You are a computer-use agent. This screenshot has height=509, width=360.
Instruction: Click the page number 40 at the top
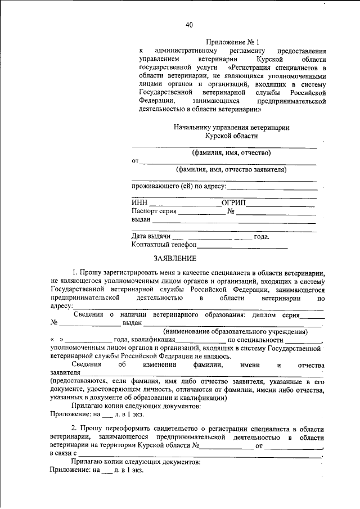coord(189,24)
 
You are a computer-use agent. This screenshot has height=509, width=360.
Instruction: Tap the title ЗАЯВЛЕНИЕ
coord(175,259)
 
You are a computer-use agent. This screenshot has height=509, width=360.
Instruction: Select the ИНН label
coord(139,202)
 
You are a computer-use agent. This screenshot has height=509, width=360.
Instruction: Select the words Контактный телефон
coord(164,245)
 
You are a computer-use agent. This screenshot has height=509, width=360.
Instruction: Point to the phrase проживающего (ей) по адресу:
coord(179,186)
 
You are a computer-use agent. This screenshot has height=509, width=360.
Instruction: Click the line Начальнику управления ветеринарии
coord(231,128)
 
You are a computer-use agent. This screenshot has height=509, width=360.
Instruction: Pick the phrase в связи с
coord(62,453)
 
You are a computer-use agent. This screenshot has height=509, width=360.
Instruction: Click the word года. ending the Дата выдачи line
coord(262,236)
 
